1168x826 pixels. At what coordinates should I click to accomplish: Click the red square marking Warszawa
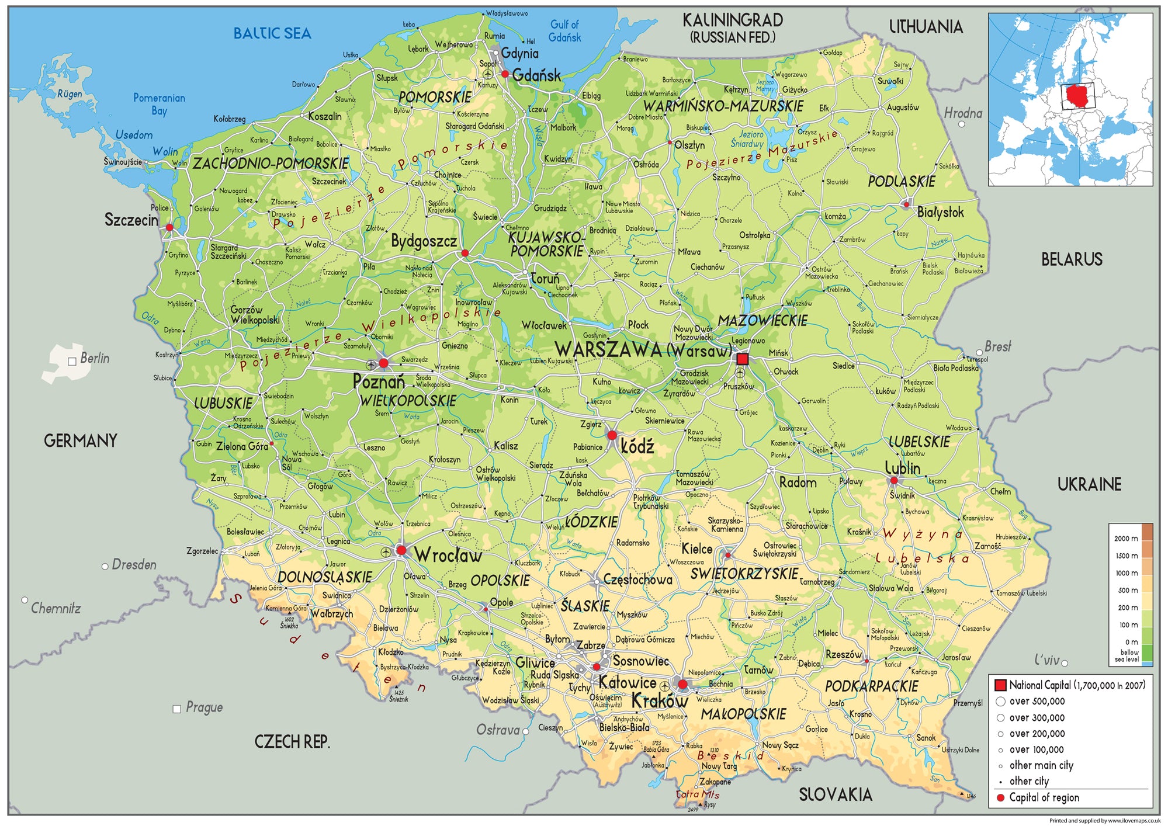[x=742, y=359]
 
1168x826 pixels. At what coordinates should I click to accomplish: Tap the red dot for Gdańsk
[x=505, y=74]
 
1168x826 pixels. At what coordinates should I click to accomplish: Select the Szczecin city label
[x=131, y=220]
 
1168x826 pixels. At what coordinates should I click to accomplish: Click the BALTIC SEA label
[x=272, y=34]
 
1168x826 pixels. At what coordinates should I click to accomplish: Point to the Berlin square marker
[x=72, y=362]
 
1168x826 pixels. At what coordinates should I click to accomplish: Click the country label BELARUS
[x=1072, y=259]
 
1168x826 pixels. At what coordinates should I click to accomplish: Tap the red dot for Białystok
[x=906, y=204]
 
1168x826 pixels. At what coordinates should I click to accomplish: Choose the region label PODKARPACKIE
[x=871, y=686]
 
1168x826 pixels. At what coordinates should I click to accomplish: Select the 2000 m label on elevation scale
[x=1125, y=539]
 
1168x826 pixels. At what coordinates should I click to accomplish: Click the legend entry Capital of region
[x=1044, y=797]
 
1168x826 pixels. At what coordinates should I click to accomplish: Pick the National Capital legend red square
[x=1000, y=685]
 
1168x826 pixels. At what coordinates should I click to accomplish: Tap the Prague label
[x=204, y=707]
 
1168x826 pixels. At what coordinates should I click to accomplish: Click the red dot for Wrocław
[x=401, y=550]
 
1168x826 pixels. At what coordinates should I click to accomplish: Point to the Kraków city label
[x=659, y=701]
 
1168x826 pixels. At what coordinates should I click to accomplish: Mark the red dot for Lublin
[x=893, y=481]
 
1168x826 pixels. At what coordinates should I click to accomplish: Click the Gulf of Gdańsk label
[x=564, y=31]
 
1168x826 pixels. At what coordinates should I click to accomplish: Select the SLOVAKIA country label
[x=836, y=794]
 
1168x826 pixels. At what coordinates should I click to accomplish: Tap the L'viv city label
[x=1046, y=660]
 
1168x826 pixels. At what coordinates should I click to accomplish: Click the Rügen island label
[x=70, y=93]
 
